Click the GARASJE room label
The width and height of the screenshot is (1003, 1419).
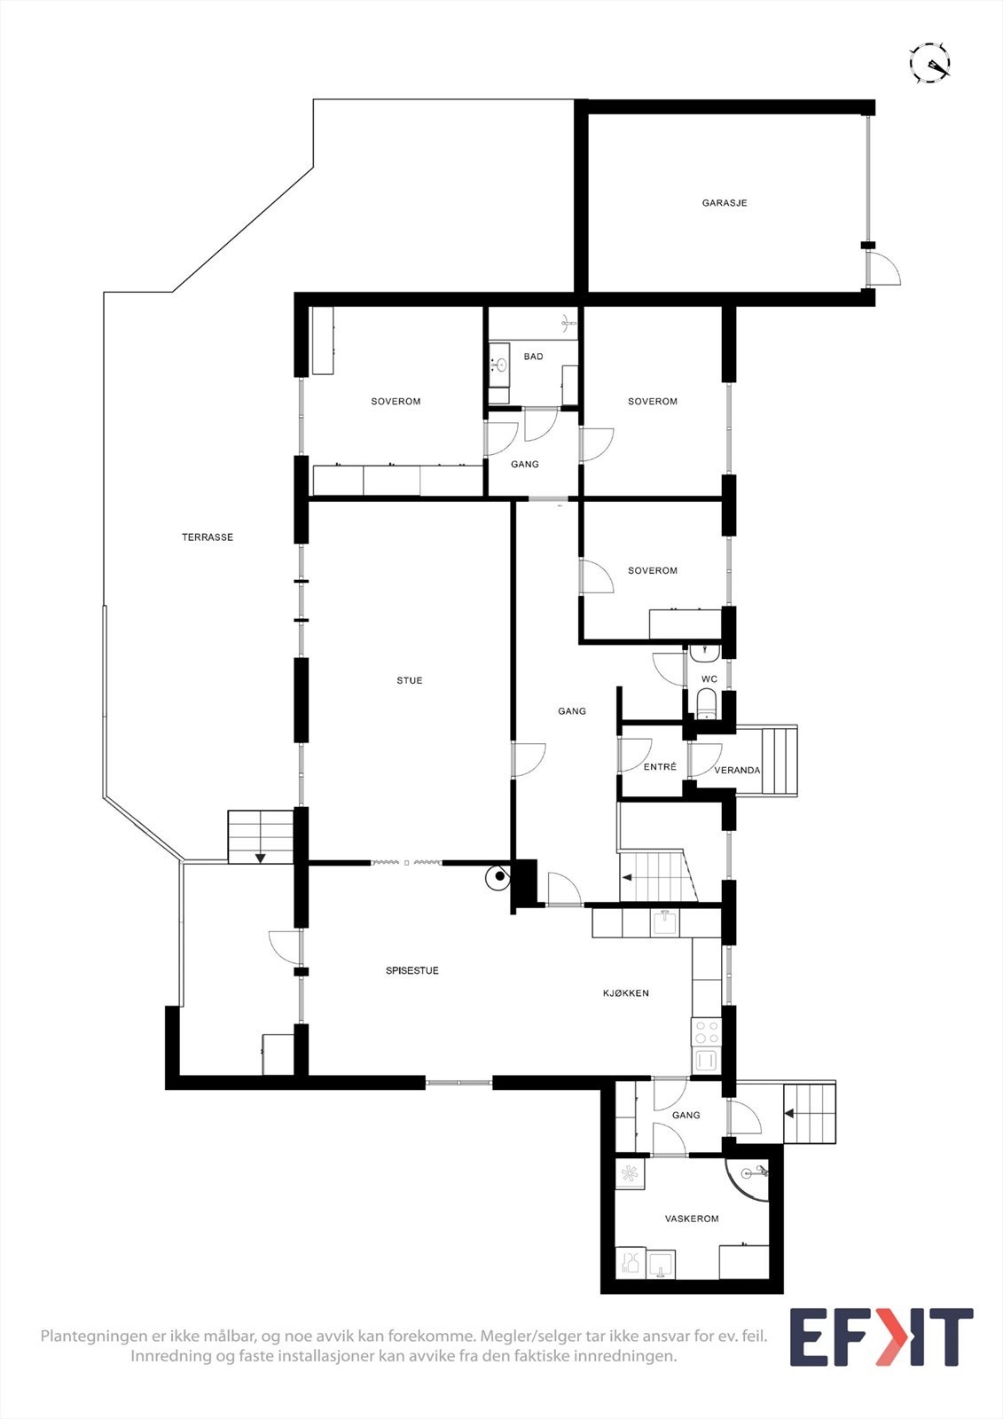(725, 203)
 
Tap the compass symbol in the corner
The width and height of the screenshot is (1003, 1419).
(930, 63)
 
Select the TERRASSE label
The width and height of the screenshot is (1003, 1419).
(208, 537)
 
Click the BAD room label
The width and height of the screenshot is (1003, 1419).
(533, 357)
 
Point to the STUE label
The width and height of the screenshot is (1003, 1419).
(410, 680)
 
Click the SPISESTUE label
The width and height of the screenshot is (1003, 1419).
(412, 970)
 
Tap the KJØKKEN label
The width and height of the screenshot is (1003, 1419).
(626, 993)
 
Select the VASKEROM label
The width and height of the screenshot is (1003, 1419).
(692, 1219)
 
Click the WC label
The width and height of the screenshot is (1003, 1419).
(709, 679)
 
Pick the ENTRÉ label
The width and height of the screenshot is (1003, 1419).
(660, 767)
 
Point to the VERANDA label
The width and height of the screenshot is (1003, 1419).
(737, 771)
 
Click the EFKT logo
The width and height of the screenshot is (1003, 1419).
(881, 1337)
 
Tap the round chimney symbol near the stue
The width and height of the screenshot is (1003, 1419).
(499, 877)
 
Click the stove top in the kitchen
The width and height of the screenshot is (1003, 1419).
(707, 1032)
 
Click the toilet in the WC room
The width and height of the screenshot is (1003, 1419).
(707, 705)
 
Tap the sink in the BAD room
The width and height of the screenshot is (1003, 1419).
(499, 364)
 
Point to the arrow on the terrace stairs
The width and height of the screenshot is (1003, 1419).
(261, 858)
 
